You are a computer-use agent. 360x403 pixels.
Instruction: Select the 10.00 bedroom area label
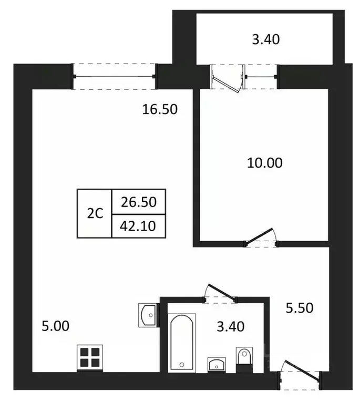click(265, 163)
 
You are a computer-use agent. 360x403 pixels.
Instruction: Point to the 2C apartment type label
click(95, 214)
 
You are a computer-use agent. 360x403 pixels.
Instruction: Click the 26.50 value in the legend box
click(139, 201)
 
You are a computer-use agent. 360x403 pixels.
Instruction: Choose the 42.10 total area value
click(139, 226)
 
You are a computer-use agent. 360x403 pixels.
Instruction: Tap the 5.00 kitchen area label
click(55, 326)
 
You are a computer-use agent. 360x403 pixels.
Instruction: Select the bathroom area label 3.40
click(230, 327)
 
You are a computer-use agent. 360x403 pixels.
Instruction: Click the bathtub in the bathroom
click(182, 343)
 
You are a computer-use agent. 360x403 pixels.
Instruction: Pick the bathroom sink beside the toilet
click(217, 364)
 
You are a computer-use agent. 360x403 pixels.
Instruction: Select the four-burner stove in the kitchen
click(88, 357)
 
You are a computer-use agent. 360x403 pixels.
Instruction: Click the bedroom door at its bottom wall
click(262, 239)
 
